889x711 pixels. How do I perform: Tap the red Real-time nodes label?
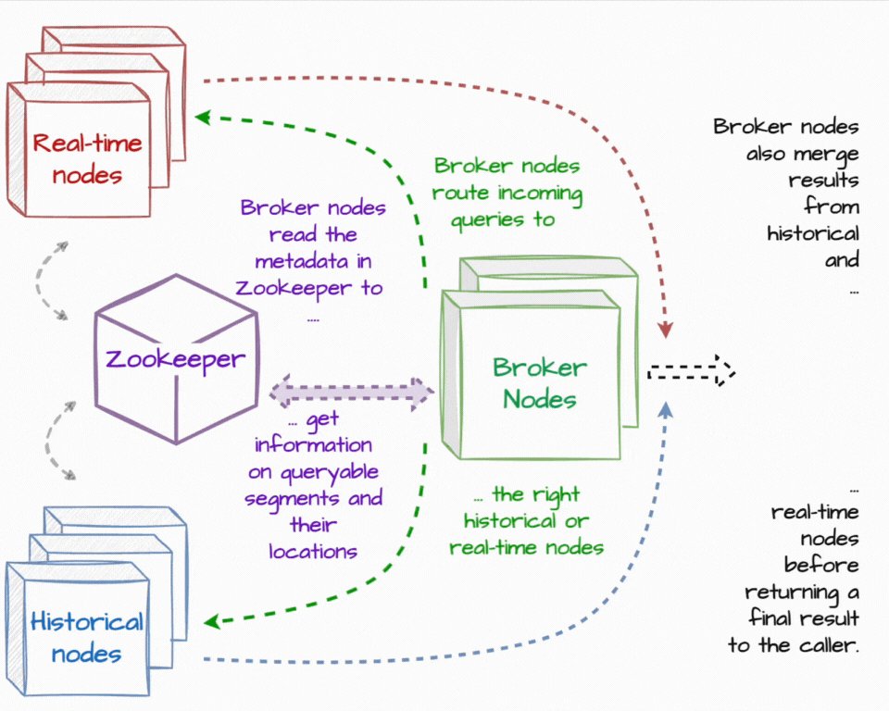[x=87, y=157]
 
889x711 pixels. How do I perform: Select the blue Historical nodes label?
[x=87, y=637]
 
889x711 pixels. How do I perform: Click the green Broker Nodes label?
[x=539, y=383]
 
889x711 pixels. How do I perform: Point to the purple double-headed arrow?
[x=352, y=392]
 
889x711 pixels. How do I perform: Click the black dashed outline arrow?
[x=691, y=372]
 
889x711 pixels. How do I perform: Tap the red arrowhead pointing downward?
[x=665, y=329]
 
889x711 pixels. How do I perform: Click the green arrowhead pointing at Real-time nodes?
[x=202, y=118]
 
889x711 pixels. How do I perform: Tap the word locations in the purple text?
[x=313, y=552]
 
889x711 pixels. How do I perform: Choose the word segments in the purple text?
[x=282, y=499]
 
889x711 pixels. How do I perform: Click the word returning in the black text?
[x=795, y=591]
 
